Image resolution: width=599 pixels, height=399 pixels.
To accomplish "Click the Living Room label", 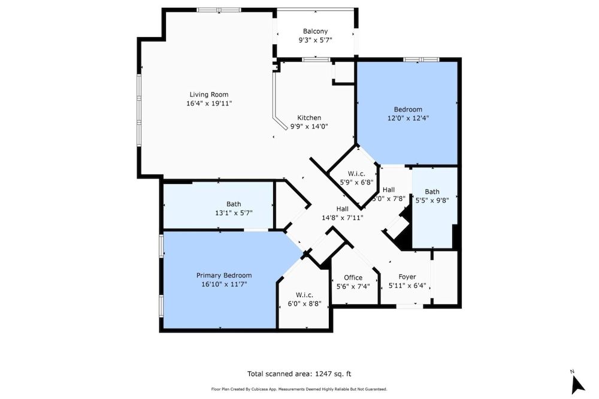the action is point(209,95).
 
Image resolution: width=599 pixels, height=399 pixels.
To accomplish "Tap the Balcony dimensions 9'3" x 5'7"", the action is point(315,40).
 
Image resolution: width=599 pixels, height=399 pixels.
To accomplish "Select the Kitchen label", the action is point(309,117).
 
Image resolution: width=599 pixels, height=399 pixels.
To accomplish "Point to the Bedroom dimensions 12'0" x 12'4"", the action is point(408,118).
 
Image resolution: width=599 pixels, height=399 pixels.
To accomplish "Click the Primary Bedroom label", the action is point(224,275).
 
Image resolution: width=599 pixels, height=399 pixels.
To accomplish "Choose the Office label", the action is point(353,277).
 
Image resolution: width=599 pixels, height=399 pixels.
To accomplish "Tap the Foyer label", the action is point(407,277).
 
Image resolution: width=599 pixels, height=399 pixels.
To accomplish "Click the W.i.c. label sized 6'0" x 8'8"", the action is point(304,295).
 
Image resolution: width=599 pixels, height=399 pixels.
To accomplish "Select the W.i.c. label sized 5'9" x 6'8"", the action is point(356,174).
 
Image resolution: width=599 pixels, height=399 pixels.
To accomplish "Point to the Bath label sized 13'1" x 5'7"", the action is point(234,204).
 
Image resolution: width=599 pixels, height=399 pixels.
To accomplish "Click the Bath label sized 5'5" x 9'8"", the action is point(432,192).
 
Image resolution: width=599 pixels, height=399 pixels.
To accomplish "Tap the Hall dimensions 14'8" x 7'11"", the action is point(342,218).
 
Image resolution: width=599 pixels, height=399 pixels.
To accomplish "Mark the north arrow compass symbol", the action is point(577,383).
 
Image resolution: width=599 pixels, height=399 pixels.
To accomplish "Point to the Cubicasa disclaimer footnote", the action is point(299,389).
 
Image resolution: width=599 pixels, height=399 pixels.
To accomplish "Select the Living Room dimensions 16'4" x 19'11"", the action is point(209,103).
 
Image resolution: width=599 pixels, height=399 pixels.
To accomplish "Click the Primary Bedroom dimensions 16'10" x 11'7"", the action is point(224,284).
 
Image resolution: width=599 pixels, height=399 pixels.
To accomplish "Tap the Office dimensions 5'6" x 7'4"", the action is point(353,286).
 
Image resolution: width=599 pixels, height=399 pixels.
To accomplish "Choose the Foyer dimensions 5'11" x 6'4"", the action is point(407,286).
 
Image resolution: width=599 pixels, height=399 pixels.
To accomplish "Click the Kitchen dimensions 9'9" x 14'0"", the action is point(309,126).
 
